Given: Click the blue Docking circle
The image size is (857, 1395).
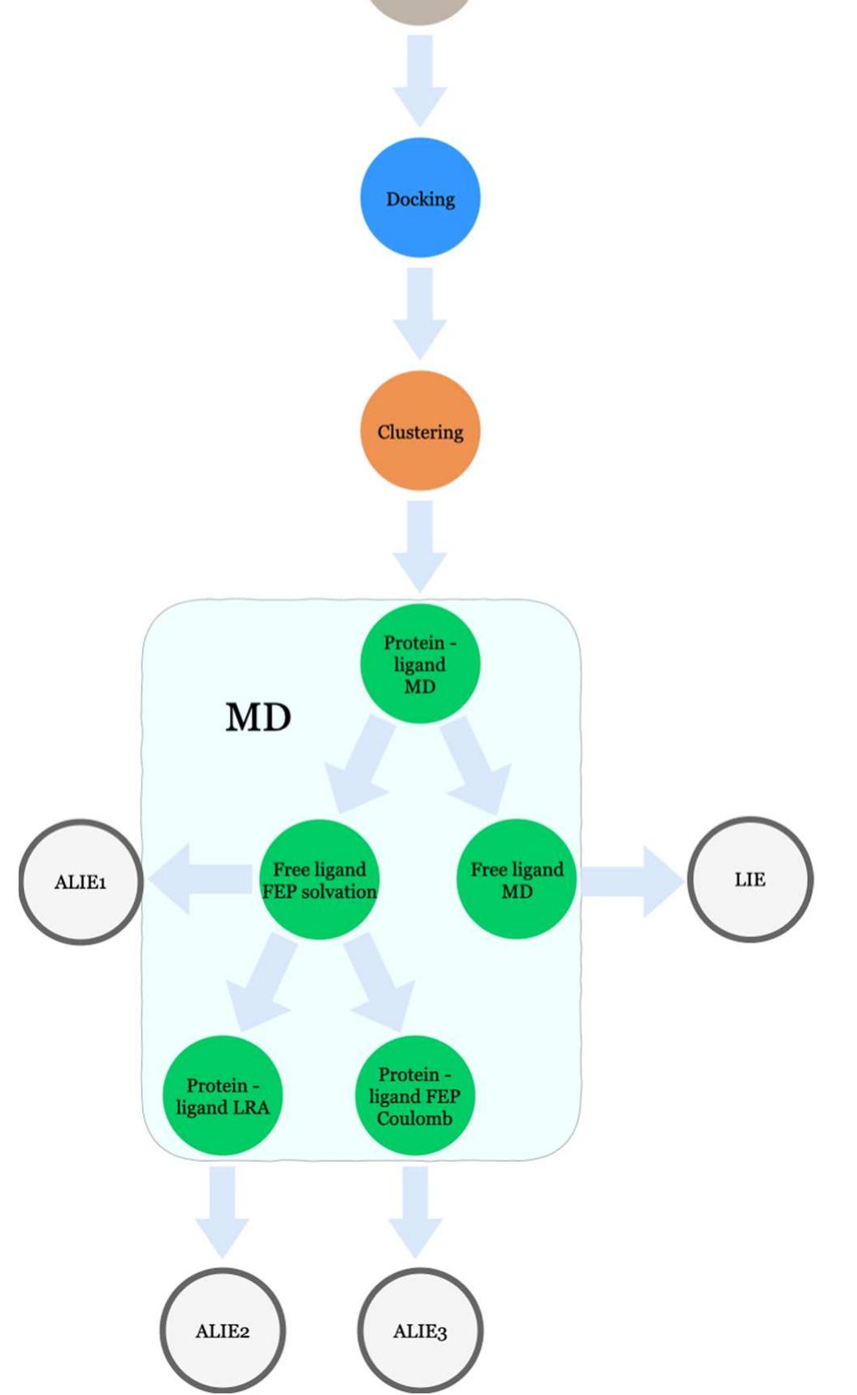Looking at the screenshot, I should click(420, 198).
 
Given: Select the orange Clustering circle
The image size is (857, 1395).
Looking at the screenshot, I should click(420, 431).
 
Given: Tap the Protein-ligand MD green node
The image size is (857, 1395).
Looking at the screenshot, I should click(420, 663).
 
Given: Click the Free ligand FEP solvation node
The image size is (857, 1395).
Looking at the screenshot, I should click(319, 879).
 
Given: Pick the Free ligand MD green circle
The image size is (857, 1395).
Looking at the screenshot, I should click(517, 879).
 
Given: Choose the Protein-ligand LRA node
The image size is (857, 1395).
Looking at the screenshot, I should click(223, 1095).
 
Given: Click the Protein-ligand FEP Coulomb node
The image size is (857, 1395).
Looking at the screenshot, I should click(414, 1095).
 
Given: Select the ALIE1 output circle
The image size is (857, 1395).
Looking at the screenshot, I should click(80, 882).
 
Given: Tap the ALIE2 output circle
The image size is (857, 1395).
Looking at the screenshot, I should click(223, 1331).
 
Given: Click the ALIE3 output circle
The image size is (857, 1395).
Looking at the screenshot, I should click(420, 1331).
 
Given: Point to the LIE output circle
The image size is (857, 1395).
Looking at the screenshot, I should click(750, 879).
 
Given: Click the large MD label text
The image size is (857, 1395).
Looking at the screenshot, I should click(258, 718).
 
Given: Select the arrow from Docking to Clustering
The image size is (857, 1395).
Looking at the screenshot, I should click(420, 313).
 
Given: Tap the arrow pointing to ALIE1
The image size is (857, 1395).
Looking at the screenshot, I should click(199, 879).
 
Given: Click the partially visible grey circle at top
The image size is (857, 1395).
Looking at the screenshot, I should click(420, 10).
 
